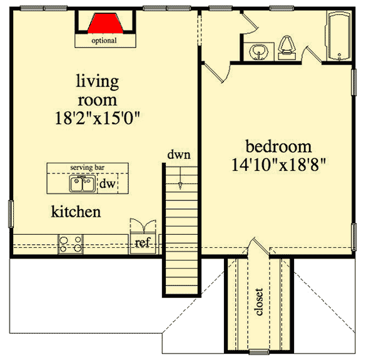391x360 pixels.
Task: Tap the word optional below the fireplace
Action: [104, 41]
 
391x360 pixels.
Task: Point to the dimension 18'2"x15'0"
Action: [97, 119]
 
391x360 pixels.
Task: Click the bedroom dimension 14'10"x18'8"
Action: [278, 167]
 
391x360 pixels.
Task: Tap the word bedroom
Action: [278, 147]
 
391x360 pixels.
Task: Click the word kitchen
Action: [76, 212]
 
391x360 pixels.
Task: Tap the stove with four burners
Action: [70, 244]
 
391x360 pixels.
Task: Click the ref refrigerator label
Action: [143, 244]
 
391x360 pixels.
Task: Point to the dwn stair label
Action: [178, 154]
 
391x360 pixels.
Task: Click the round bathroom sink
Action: [258, 51]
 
